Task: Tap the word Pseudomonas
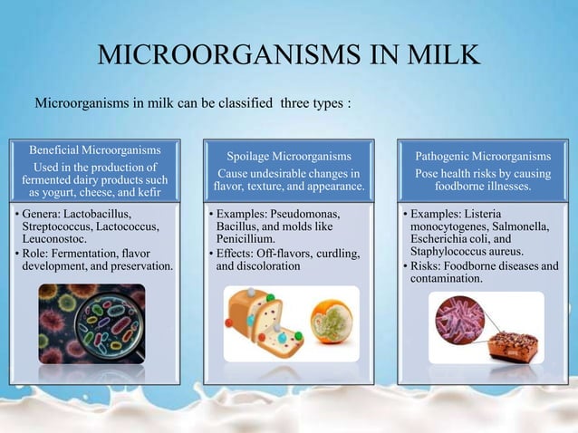point(321,212)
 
